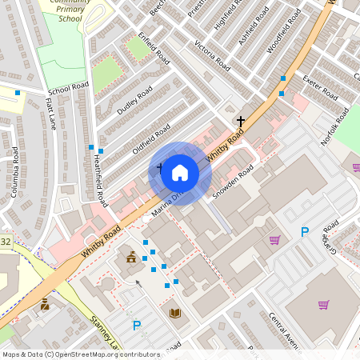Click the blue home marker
tap(180, 173)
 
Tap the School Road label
tap(69, 88)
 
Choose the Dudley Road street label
tap(134, 101)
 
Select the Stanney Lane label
tap(104, 334)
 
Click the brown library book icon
tap(175, 313)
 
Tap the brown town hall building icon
tap(130, 257)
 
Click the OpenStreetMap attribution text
tap(80, 354)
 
